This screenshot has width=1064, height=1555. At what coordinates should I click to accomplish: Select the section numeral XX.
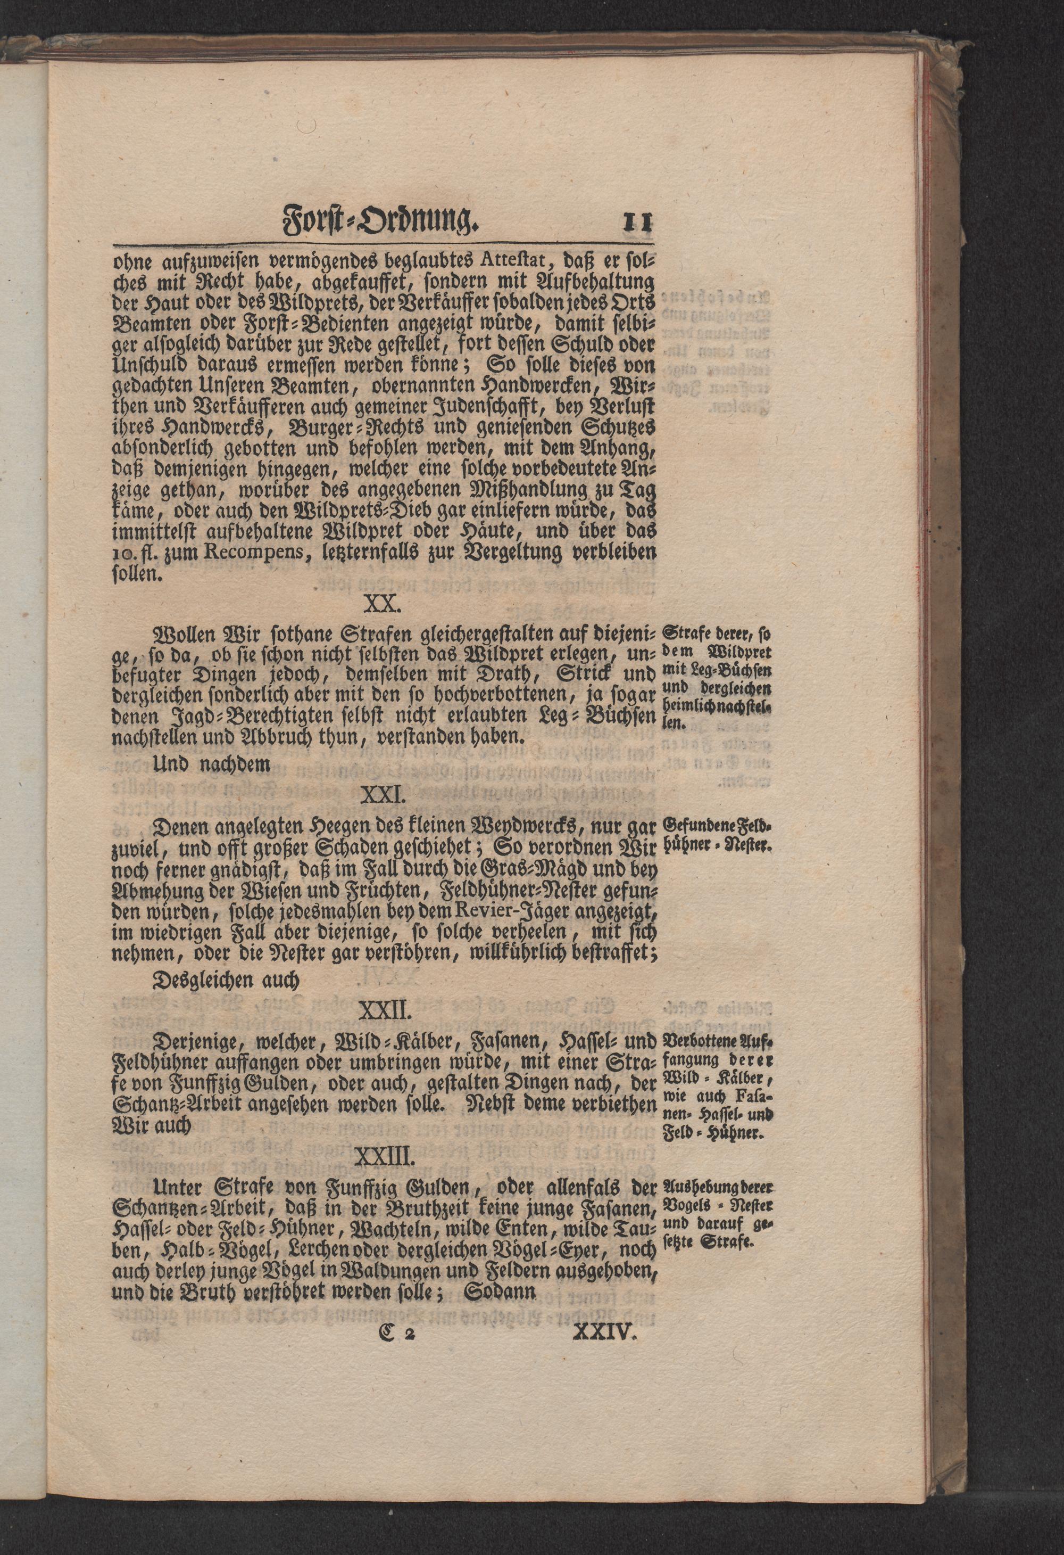(x=382, y=605)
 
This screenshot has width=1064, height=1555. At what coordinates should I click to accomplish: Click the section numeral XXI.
(x=382, y=796)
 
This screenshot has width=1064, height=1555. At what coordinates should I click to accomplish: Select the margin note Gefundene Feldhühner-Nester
(x=717, y=835)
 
